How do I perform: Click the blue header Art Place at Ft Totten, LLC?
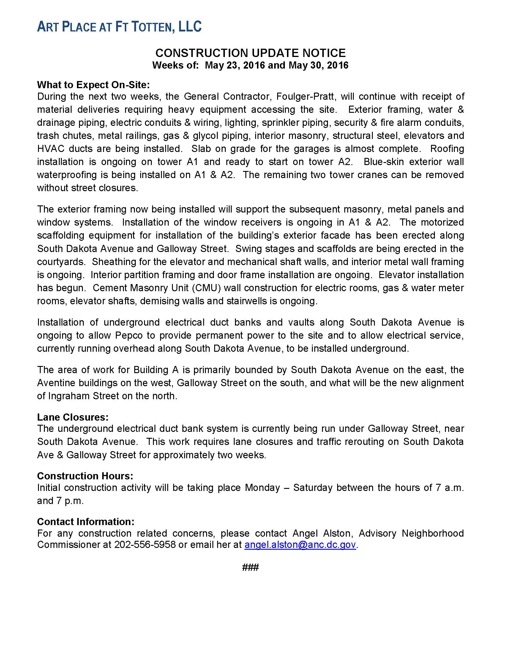(x=119, y=27)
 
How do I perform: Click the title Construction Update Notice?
(x=250, y=53)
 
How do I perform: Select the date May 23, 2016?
(x=235, y=65)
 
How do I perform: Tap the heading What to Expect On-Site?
(x=93, y=85)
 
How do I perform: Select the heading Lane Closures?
(x=73, y=417)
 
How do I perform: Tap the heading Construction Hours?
(x=85, y=476)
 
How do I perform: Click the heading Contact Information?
(x=86, y=522)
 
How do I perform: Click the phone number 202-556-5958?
(x=145, y=544)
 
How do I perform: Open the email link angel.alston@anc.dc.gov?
(x=300, y=544)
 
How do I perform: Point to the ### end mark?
(x=250, y=567)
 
